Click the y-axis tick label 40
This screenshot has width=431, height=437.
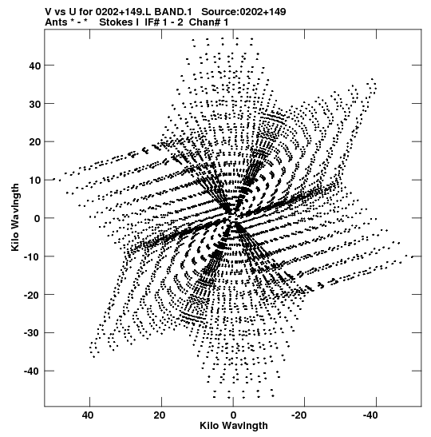pos(34,66)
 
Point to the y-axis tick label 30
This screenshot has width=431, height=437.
pos(34,104)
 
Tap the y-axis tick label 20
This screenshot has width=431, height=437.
pos(34,142)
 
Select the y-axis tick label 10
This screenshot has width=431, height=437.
pos(34,181)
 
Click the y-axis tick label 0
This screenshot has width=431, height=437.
pos(38,219)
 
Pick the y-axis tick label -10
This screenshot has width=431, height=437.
pos(32,256)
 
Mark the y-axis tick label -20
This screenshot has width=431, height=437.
pos(32,295)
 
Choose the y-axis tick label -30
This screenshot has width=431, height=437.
pos(32,333)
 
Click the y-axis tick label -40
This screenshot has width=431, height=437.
pos(32,371)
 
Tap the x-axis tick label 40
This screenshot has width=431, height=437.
pos(88,415)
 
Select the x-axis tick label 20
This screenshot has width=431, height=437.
pos(160,415)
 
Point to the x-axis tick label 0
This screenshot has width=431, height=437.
pos(233,415)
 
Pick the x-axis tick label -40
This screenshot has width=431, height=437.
pos(370,415)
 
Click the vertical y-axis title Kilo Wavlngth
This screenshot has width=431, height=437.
pos(15,217)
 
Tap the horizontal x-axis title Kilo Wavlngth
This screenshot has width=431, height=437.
pos(234,426)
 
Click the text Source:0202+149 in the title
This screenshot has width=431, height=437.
pos(243,12)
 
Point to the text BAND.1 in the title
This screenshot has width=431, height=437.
pos(173,12)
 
